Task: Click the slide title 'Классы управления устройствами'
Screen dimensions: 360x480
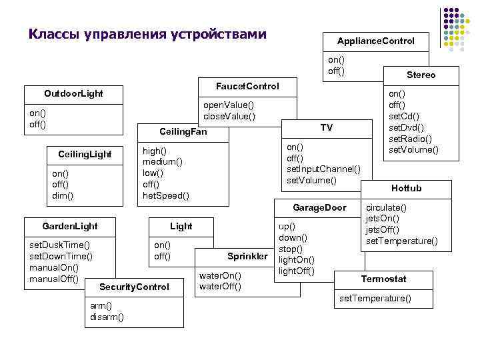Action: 147,33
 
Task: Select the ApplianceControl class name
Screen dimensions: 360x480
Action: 375,41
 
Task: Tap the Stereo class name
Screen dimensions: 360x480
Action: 421,75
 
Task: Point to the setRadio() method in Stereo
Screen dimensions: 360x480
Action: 410,138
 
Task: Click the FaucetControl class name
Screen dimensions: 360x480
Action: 247,87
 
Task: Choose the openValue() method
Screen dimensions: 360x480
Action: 229,105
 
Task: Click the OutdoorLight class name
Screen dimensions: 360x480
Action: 73,93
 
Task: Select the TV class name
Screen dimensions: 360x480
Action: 326,127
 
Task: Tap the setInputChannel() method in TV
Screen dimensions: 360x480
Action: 323,169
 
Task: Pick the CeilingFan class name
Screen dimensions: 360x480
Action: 183,132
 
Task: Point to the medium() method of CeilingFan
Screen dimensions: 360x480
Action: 163,161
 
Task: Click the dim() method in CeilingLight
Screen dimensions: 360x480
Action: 63,195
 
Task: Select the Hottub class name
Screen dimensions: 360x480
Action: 406,188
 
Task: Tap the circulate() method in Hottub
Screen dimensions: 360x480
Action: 386,207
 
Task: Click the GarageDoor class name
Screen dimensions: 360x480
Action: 319,207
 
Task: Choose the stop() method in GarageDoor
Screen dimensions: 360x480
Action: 290,249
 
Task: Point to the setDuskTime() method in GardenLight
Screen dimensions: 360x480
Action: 60,245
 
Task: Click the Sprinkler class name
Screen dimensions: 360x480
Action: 247,256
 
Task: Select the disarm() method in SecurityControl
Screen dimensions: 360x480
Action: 107,317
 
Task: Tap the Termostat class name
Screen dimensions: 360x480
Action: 383,279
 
